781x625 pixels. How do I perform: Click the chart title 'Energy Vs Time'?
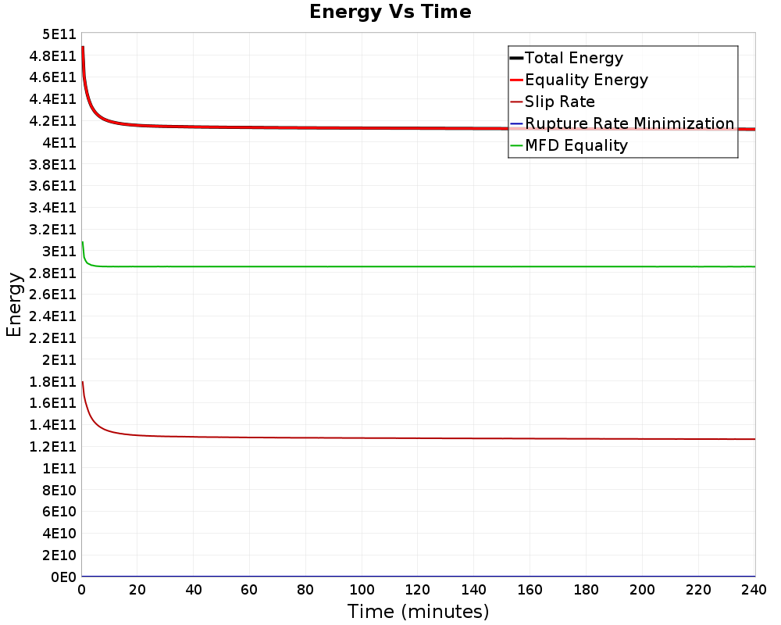pyautogui.click(x=390, y=12)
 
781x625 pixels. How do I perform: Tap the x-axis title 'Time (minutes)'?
pyautogui.click(x=418, y=611)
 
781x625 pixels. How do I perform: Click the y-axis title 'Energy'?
pyautogui.click(x=13, y=304)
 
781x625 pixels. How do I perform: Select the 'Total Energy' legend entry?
pyautogui.click(x=573, y=58)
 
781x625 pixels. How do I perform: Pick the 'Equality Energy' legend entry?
pyautogui.click(x=586, y=80)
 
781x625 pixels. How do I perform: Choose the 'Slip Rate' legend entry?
pyautogui.click(x=559, y=102)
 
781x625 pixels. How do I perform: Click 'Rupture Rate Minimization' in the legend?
pyautogui.click(x=629, y=123)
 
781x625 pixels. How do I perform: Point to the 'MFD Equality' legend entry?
pyautogui.click(x=576, y=145)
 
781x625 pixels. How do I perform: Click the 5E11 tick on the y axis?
pyautogui.click(x=58, y=34)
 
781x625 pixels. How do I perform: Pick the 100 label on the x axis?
pyautogui.click(x=362, y=591)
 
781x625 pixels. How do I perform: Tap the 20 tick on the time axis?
pyautogui.click(x=137, y=591)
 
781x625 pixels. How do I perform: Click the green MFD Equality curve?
pyautogui.click(x=390, y=266)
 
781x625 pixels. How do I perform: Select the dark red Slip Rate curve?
pyautogui.click(x=390, y=438)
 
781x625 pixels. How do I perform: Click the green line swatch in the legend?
pyautogui.click(x=515, y=145)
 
